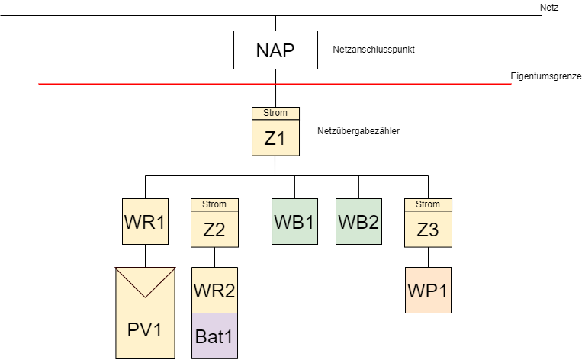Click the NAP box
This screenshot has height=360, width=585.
(275, 50)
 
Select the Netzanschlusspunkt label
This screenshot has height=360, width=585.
(373, 50)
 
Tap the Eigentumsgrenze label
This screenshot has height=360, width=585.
(546, 76)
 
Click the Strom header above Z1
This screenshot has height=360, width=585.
(275, 113)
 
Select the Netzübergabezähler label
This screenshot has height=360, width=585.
(358, 131)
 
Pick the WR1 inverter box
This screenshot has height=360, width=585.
(145, 221)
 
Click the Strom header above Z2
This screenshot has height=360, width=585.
(214, 204)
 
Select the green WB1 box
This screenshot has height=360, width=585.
(294, 221)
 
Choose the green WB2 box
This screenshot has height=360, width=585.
(358, 221)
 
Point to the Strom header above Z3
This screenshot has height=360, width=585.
(428, 204)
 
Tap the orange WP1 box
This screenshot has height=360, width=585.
(428, 290)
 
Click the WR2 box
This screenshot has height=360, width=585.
(214, 291)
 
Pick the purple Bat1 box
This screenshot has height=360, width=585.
(214, 336)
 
